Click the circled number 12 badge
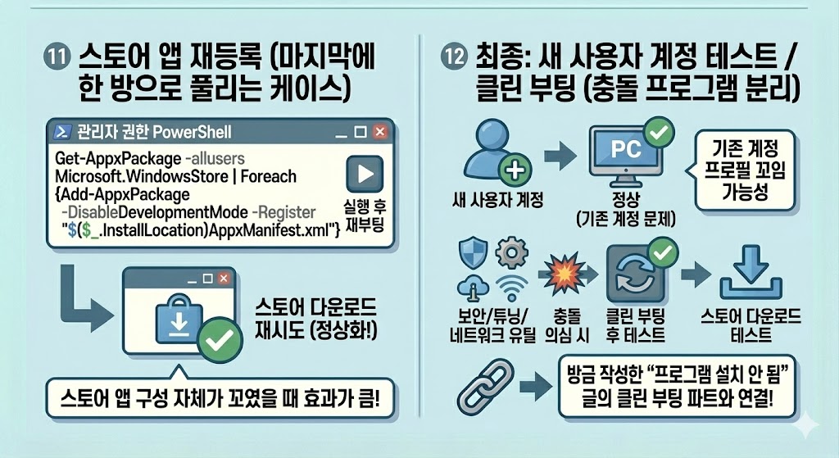[454, 60]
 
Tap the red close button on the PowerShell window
[379, 132]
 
